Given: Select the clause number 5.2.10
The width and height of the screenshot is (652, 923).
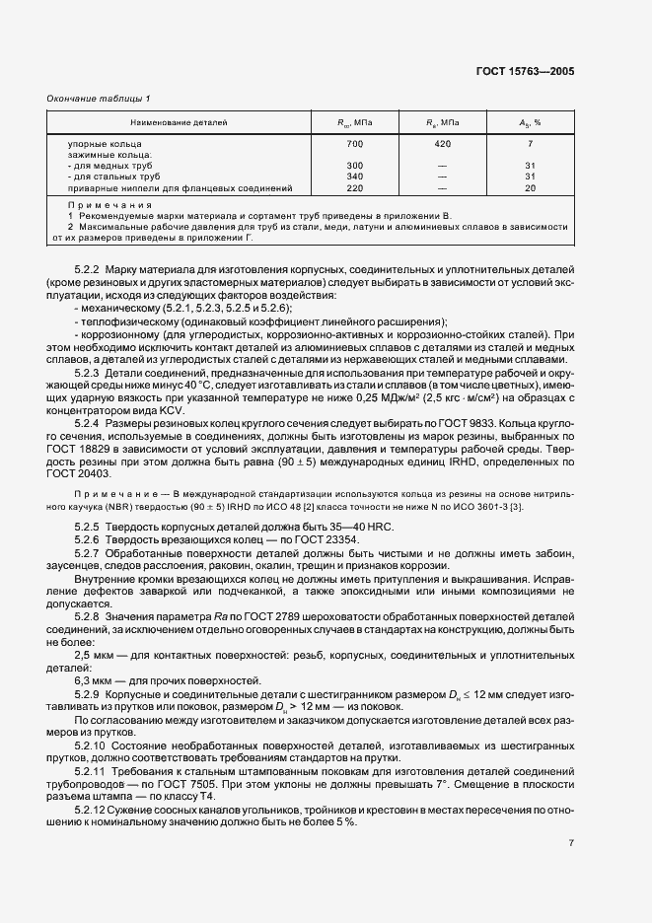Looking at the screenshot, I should pos(91,745).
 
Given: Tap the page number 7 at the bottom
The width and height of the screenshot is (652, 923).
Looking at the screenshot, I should pos(571,842).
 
